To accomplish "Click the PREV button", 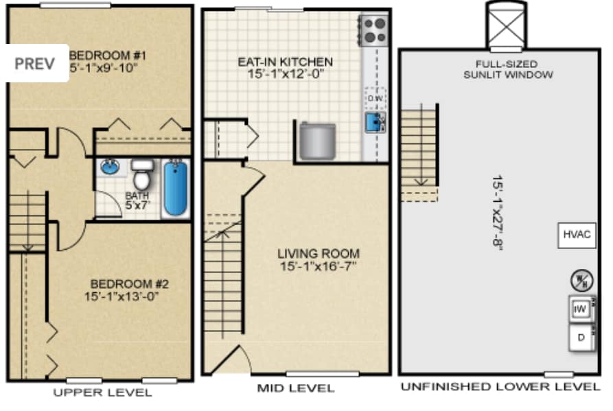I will click(x=35, y=63).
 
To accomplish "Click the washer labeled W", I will click(x=580, y=309).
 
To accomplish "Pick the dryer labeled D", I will click(x=581, y=337).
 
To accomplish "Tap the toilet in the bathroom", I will click(x=141, y=176).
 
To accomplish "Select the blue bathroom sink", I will click(x=110, y=167).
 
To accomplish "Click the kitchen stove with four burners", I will click(x=374, y=31).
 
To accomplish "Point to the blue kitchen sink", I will click(x=374, y=122).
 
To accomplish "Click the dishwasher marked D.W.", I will click(x=374, y=99).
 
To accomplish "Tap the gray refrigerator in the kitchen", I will click(x=318, y=141).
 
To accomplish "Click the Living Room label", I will click(x=319, y=259).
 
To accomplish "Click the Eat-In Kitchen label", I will click(x=285, y=67).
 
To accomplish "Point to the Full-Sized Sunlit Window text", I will click(x=507, y=69).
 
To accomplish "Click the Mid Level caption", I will click(x=296, y=389).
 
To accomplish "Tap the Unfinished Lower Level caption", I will click(x=500, y=387).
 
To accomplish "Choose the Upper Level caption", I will click(x=102, y=392).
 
